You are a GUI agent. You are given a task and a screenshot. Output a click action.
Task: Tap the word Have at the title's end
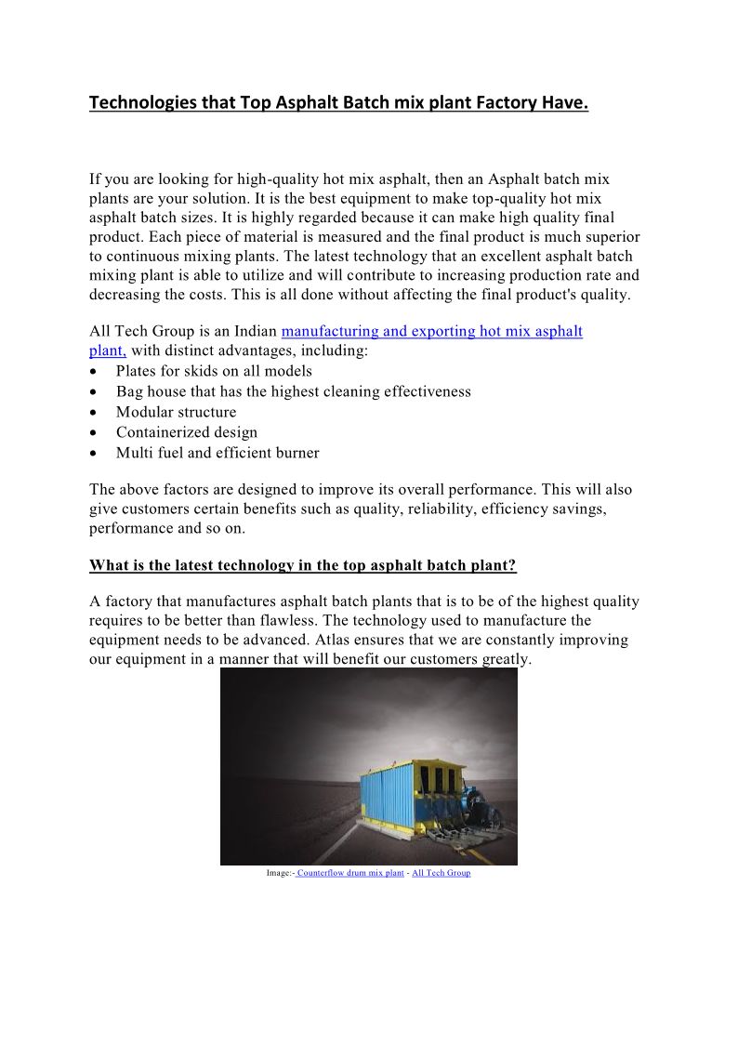[x=566, y=103]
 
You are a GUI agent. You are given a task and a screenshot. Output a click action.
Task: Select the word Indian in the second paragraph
[x=253, y=331]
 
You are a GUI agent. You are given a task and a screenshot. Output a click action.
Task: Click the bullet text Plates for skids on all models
[x=214, y=371]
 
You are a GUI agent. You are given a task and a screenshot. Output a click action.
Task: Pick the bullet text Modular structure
[x=176, y=412]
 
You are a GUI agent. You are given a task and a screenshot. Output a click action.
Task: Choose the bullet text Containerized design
[x=186, y=432]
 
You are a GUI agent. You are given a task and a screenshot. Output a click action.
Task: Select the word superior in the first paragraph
[x=610, y=236]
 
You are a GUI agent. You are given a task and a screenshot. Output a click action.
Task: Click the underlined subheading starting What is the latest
[x=302, y=565]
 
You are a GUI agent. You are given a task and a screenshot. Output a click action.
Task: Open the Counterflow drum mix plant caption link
[x=350, y=873]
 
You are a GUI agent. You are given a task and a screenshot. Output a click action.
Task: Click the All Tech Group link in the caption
[x=441, y=873]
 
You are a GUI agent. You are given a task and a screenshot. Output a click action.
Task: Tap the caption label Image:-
[x=280, y=873]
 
